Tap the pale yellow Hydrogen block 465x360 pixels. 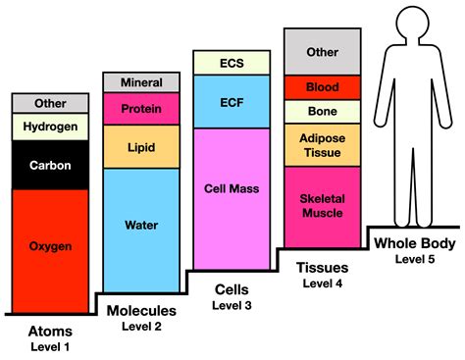tap(49, 127)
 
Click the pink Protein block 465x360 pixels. tap(140, 108)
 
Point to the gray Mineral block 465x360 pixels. tap(140, 82)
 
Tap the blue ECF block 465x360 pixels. tap(231, 101)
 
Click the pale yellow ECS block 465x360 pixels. tap(231, 62)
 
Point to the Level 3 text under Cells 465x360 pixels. tap(232, 307)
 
